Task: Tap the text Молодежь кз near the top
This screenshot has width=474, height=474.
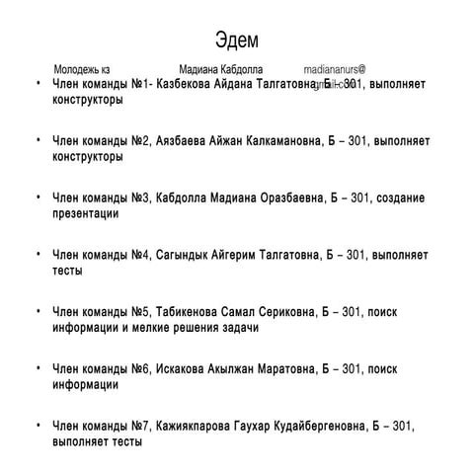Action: coord(82,71)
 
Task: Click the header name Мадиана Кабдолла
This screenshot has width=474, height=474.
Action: coord(221,71)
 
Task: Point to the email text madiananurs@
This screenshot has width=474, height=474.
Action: coord(335,71)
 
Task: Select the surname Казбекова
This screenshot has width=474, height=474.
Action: coord(194,86)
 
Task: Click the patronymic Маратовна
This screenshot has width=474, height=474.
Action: coord(276,368)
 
